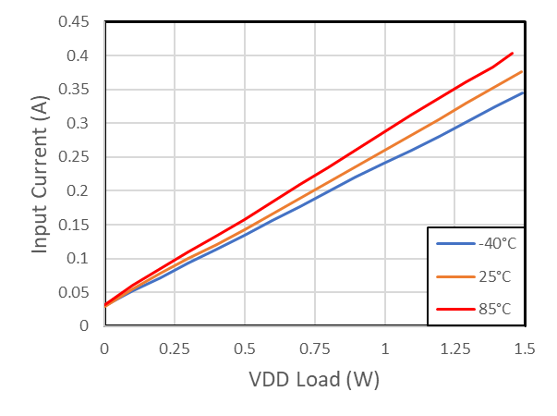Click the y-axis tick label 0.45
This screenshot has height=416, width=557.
[x=74, y=22]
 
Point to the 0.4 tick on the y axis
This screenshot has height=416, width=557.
[x=77, y=56]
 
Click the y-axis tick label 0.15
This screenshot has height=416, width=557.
[x=74, y=225]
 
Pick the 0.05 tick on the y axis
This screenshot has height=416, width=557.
[x=74, y=293]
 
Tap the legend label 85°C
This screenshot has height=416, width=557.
[x=495, y=309]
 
